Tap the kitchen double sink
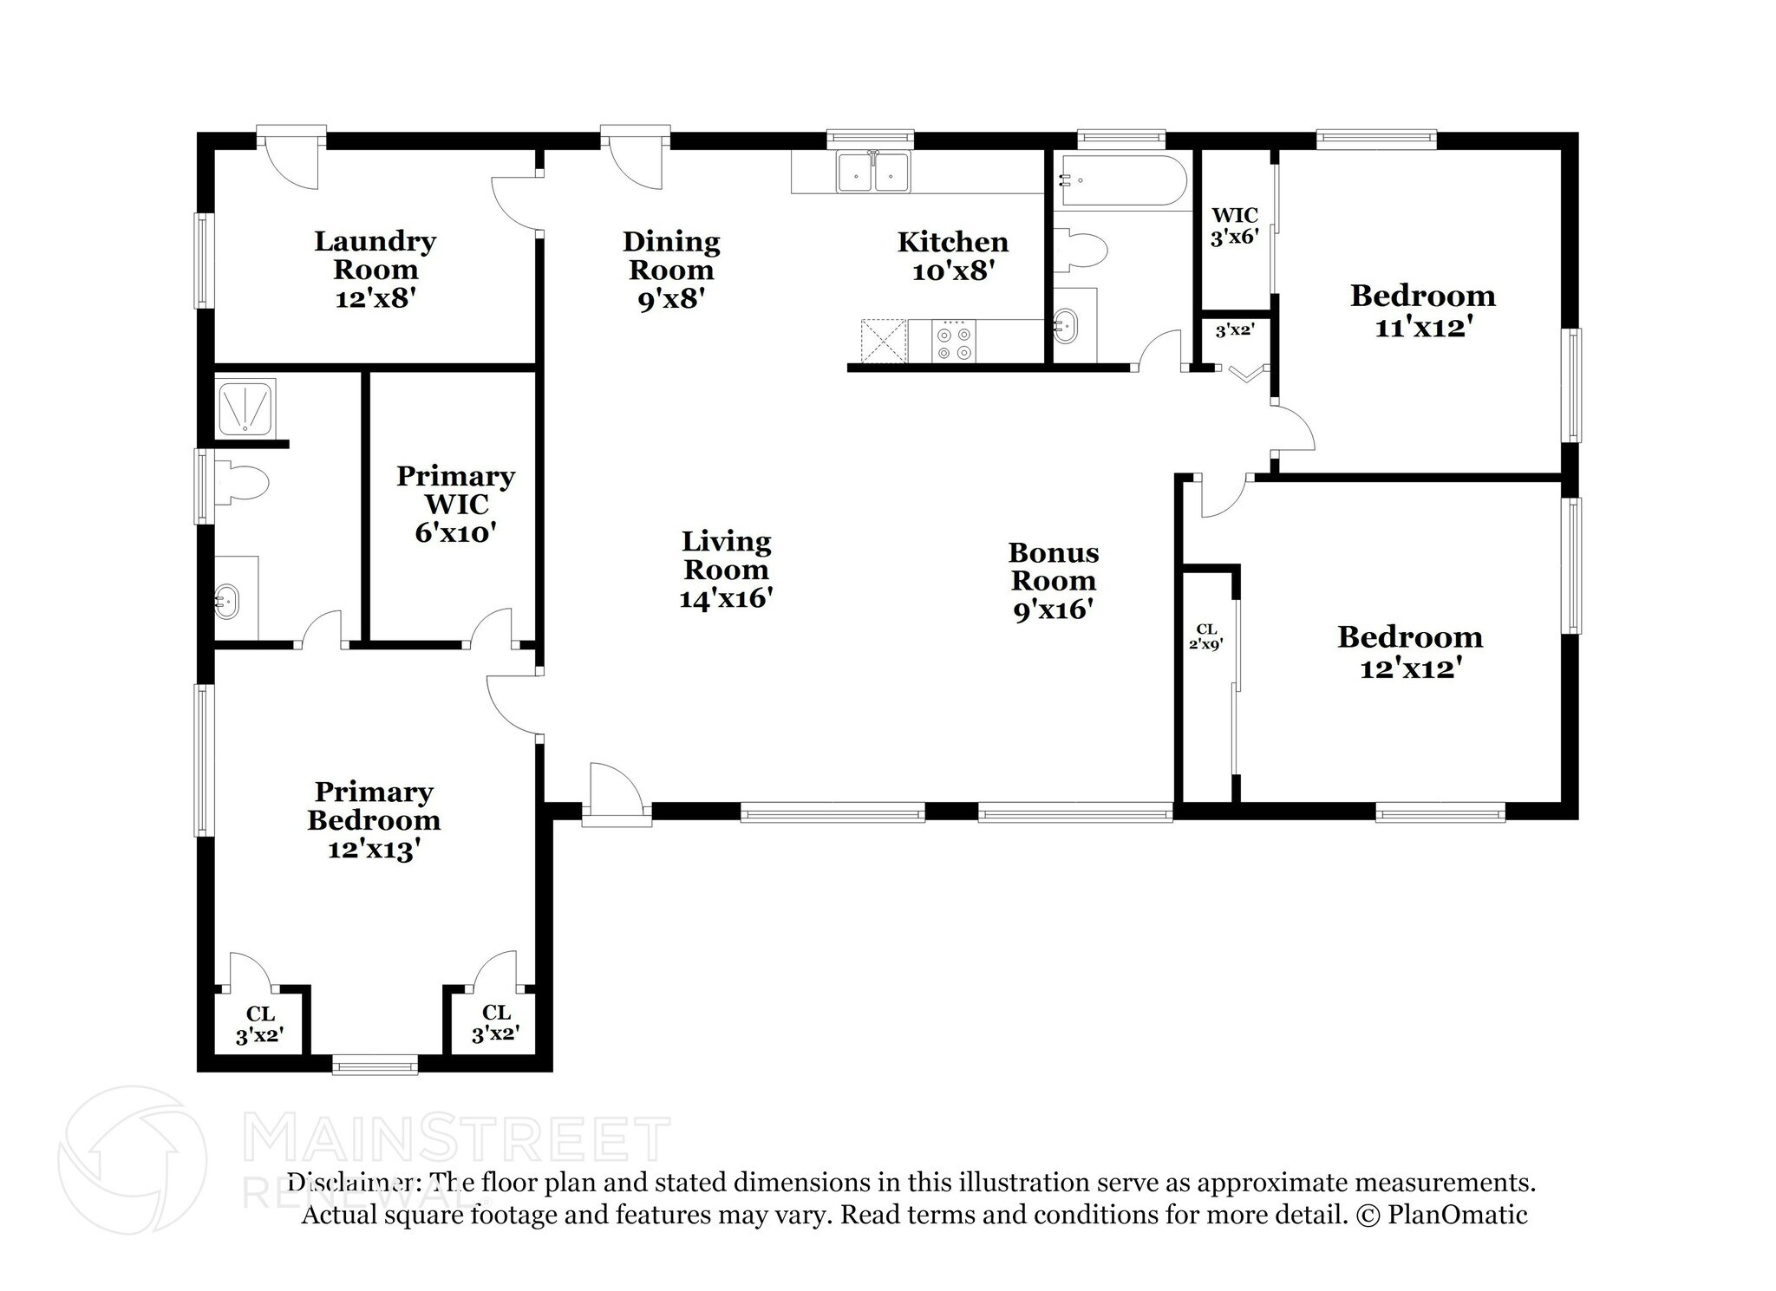872,173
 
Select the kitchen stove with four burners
953,341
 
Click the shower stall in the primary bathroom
245,406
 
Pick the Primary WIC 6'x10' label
455,504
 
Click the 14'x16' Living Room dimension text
726,598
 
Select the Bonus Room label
1053,566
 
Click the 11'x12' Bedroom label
1422,310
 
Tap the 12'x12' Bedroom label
1409,652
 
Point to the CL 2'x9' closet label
1205,636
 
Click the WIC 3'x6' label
1233,225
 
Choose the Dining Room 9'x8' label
671,270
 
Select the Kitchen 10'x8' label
952,256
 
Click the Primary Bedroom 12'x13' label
374,820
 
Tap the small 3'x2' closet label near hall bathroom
1234,330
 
